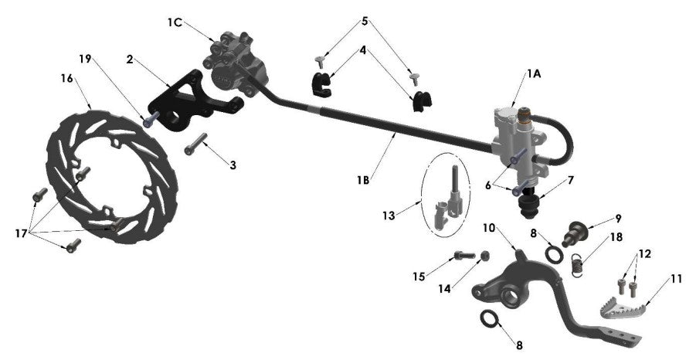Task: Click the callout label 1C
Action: pyautogui.click(x=175, y=22)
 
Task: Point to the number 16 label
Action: pyautogui.click(x=67, y=78)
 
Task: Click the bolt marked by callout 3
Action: pyautogui.click(x=196, y=143)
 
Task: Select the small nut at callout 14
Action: pyautogui.click(x=484, y=256)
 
